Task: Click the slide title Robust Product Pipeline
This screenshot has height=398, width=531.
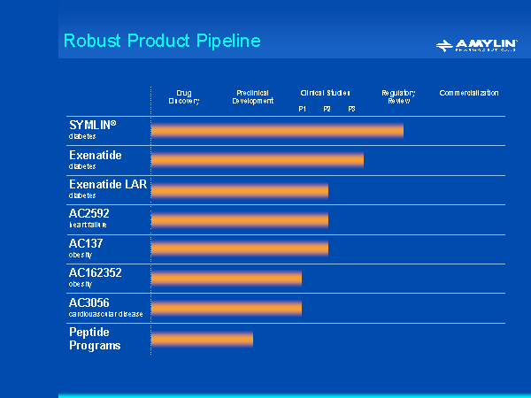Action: tap(162, 41)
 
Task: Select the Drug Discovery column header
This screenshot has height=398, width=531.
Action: tap(184, 96)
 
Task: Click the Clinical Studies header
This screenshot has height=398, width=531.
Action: tap(325, 92)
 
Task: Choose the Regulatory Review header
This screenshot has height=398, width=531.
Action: tap(398, 96)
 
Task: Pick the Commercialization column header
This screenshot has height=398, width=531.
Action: tap(469, 92)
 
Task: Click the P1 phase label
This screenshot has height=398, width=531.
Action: tap(302, 109)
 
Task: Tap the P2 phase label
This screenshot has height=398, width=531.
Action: tap(327, 109)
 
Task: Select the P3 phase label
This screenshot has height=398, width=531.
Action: tap(351, 109)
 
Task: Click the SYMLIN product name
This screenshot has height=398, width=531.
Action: tap(93, 126)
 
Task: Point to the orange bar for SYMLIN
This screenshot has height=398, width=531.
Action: tap(277, 131)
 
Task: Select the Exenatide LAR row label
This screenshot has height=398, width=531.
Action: tap(108, 184)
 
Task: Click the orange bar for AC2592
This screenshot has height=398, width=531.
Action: tap(239, 219)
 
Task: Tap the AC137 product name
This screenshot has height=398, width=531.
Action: tap(87, 242)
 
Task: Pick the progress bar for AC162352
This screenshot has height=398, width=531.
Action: tap(226, 278)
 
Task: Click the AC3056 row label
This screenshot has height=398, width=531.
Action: tap(89, 302)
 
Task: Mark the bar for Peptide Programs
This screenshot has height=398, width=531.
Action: tap(202, 339)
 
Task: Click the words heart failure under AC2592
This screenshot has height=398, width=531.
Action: tap(88, 225)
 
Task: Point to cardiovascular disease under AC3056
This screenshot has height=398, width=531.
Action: tap(105, 314)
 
